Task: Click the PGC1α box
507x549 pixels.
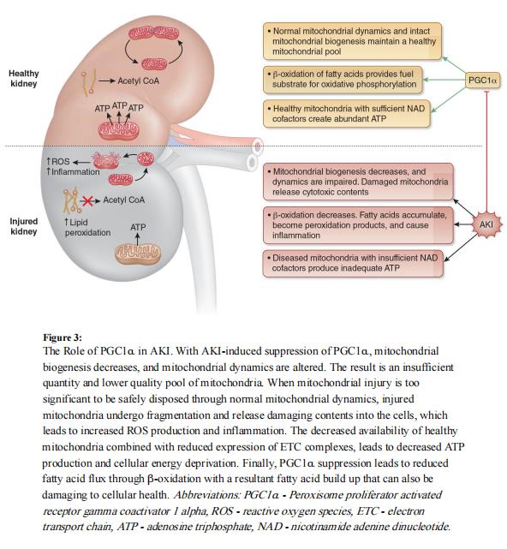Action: (x=482, y=81)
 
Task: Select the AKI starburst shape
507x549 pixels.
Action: (x=486, y=224)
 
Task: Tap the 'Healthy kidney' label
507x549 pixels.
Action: (x=24, y=79)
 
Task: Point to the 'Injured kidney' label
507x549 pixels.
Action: (x=24, y=226)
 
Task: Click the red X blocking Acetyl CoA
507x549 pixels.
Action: (x=87, y=201)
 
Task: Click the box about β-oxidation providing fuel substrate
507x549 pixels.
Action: (x=343, y=80)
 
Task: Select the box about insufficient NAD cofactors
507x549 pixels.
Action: (x=353, y=263)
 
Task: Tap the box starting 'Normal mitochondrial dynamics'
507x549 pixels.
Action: (x=352, y=41)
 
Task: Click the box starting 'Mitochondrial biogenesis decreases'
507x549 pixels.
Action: (x=358, y=182)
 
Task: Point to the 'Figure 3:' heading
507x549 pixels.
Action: (x=63, y=337)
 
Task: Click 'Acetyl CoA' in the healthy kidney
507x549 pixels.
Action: (x=138, y=81)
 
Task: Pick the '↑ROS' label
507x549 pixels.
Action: (x=57, y=161)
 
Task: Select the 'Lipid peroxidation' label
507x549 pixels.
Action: (x=87, y=227)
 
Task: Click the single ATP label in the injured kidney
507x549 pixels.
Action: (x=138, y=227)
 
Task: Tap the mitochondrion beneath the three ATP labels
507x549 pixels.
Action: (x=118, y=130)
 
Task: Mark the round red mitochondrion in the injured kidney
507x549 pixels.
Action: (x=146, y=159)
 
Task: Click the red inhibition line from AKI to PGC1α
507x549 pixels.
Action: (x=486, y=152)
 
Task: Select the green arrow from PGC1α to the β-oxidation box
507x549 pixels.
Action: (x=444, y=80)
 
